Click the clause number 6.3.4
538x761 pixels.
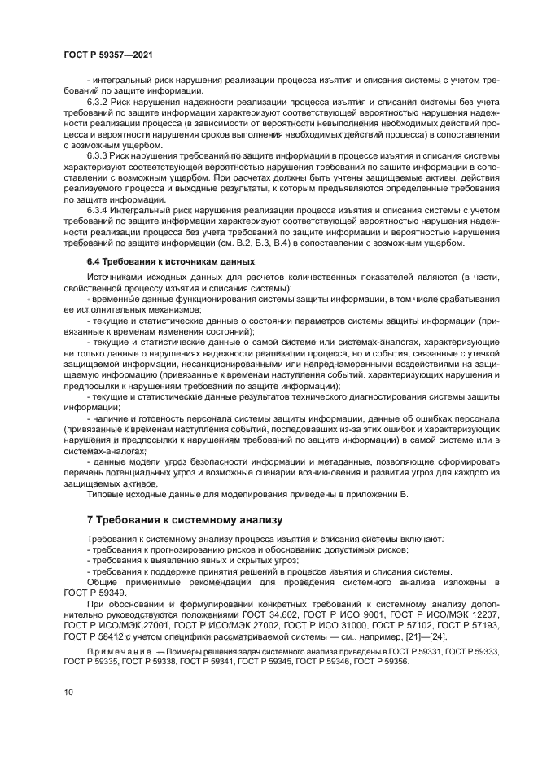pos(100,209)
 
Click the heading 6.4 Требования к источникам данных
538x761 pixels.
pos(171,261)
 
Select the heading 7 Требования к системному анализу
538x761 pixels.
pos(183,518)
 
